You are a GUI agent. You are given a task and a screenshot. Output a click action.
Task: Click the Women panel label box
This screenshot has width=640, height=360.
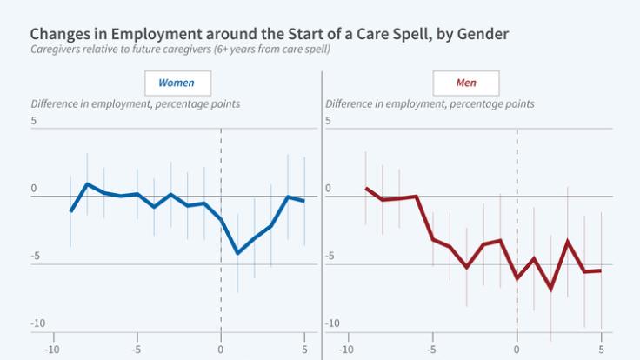(x=177, y=83)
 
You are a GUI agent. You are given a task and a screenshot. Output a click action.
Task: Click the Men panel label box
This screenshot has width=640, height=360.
(x=467, y=83)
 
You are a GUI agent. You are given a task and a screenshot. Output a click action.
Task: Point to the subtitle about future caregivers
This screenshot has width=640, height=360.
(x=180, y=49)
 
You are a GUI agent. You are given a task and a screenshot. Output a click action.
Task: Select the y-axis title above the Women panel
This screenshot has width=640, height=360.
(x=136, y=104)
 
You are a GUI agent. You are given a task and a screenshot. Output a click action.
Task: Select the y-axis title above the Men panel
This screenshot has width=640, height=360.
(x=430, y=104)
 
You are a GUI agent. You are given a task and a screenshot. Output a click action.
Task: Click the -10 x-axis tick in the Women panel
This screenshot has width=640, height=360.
(x=52, y=351)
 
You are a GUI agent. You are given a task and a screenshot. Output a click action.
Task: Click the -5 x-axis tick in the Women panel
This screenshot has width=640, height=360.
(x=137, y=351)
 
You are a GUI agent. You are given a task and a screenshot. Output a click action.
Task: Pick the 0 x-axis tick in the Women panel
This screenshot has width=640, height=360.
(x=221, y=351)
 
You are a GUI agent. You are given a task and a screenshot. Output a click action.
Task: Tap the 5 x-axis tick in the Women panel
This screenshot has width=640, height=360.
(x=304, y=351)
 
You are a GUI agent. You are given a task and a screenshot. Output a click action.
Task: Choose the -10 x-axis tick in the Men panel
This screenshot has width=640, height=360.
(x=346, y=351)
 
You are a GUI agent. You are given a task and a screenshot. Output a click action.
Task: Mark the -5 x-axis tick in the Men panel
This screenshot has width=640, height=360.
(x=431, y=351)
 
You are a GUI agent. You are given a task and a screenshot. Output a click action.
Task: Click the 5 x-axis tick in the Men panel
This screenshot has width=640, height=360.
(x=601, y=351)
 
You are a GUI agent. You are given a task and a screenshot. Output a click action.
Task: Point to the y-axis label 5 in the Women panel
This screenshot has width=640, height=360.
(x=35, y=121)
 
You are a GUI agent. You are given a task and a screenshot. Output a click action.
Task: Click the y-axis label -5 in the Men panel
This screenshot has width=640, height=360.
(x=331, y=256)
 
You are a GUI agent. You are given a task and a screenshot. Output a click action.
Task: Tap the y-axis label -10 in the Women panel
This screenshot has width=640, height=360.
(x=38, y=323)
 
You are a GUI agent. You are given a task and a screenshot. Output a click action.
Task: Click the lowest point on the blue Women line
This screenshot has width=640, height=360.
(x=237, y=253)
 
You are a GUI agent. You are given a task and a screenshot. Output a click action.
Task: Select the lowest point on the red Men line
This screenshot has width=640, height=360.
(x=550, y=289)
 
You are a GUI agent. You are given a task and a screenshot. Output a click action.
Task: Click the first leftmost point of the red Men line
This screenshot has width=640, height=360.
(x=366, y=188)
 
